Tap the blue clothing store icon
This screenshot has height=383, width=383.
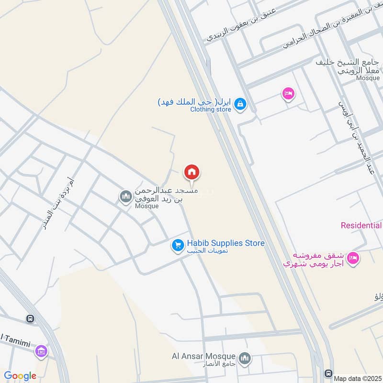[241, 103]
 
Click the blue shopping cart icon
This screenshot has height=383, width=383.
[178, 246]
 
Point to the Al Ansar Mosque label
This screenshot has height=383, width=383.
[203, 356]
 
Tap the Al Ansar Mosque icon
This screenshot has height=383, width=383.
[245, 359]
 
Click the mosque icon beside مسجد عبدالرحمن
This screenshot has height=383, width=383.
[126, 196]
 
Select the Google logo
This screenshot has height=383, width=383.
[20, 376]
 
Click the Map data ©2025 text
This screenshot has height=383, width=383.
[357, 378]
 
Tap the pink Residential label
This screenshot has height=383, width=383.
[361, 225]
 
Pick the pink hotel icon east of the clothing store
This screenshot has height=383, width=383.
[288, 93]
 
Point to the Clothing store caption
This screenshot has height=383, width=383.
[211, 110]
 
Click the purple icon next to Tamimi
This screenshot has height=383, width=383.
[41, 352]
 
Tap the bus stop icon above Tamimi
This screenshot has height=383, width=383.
[30, 318]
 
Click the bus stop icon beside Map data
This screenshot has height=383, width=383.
[329, 373]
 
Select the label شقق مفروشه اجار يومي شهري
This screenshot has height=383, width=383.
[313, 259]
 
